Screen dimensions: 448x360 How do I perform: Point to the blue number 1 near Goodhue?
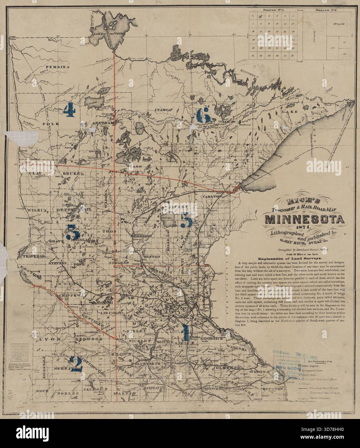pyautogui.click(x=185, y=332)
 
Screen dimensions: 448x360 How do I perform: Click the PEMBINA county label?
pyautogui.click(x=58, y=67)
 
